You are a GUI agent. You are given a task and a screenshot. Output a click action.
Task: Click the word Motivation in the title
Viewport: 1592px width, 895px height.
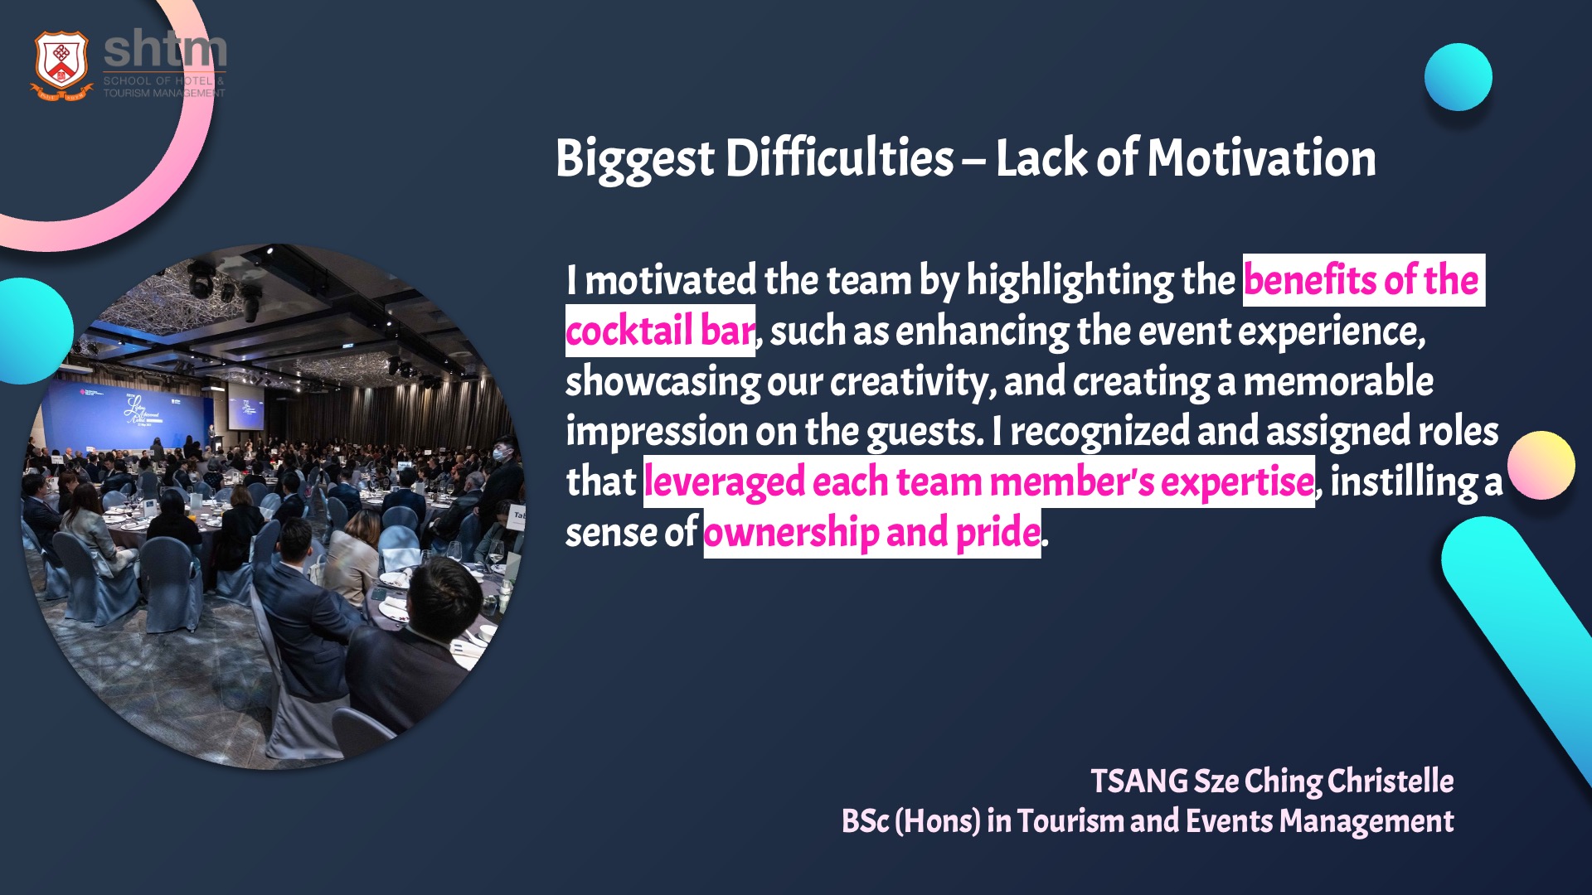[x=1261, y=157]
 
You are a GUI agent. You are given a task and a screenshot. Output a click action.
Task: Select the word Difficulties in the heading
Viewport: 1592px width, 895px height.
[x=839, y=157]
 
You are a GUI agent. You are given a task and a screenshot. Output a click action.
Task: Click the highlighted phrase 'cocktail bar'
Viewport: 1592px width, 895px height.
[x=660, y=331]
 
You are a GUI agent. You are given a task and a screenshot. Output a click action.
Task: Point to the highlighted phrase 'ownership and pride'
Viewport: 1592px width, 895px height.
[x=872, y=533]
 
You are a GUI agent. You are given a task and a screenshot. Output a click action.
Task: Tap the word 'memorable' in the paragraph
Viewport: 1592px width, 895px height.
[x=1338, y=381]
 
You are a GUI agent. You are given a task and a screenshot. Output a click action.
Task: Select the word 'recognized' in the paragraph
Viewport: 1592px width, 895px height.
[x=1099, y=432]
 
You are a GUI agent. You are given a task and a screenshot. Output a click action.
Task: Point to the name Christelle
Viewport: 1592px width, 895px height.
[x=1391, y=781]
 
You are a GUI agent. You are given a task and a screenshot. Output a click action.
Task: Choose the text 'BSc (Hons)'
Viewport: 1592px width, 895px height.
[x=910, y=821]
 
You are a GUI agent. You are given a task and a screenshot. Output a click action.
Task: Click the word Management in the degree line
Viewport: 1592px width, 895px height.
[x=1366, y=821]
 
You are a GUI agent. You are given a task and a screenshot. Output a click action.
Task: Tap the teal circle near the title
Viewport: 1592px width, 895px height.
[x=1459, y=77]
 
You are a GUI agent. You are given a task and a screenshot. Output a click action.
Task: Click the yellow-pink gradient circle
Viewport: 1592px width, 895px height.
[x=1541, y=465]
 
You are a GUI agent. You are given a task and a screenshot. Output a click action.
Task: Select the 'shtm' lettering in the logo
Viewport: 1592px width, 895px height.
[x=165, y=50]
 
